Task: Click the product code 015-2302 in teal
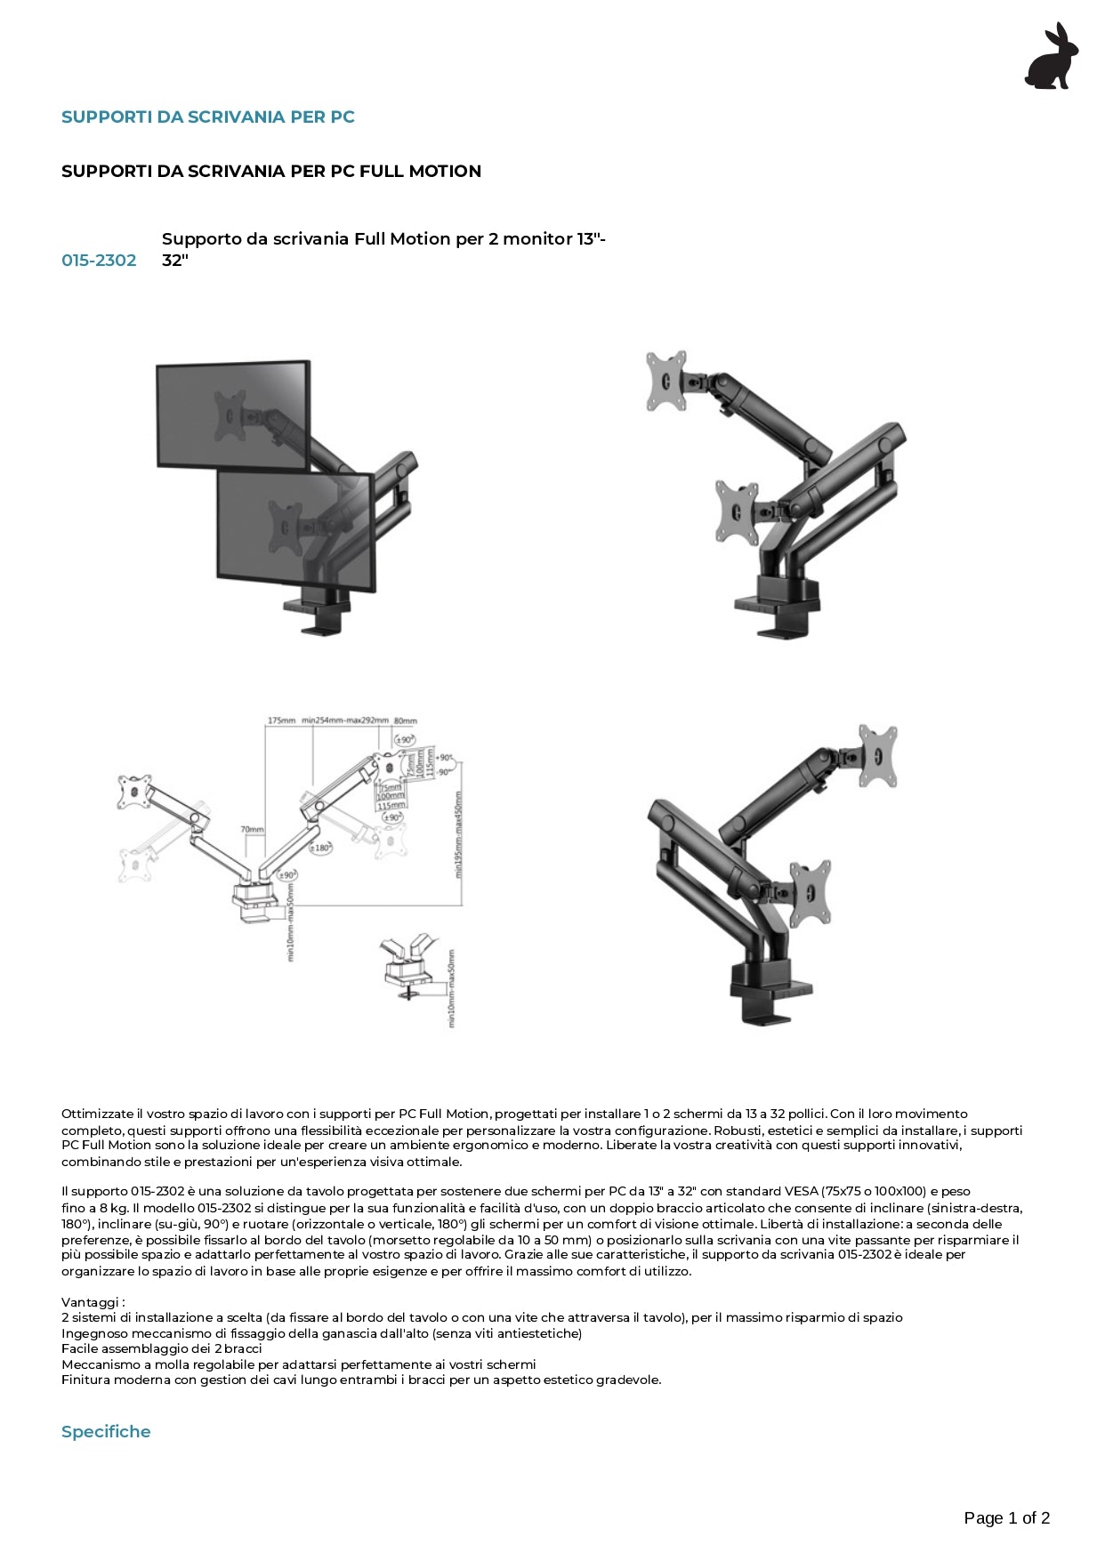coord(99,260)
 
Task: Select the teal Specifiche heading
coord(106,1431)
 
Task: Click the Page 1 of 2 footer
coord(1006,1517)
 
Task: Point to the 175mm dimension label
coord(281,720)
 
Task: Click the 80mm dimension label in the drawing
coord(405,720)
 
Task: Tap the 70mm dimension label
coord(252,829)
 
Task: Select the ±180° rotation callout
coord(320,848)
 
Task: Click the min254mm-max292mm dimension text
coord(344,720)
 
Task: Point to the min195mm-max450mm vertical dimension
coord(459,834)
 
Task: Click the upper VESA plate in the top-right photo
coord(666,381)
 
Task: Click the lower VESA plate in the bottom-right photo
coord(811,892)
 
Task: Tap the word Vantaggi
coord(92,1302)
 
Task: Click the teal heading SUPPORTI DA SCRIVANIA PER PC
coord(207,117)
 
